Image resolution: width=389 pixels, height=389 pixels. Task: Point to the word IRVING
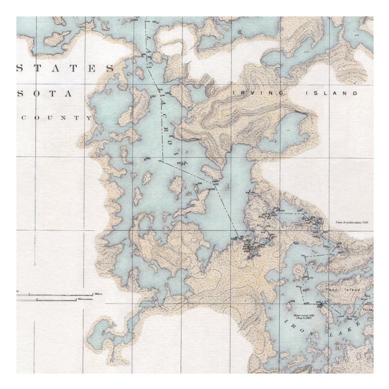258,93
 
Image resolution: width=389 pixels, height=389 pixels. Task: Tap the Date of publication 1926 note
351,222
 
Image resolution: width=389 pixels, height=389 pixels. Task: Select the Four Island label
345,290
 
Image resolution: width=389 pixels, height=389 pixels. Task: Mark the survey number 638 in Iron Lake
292,301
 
